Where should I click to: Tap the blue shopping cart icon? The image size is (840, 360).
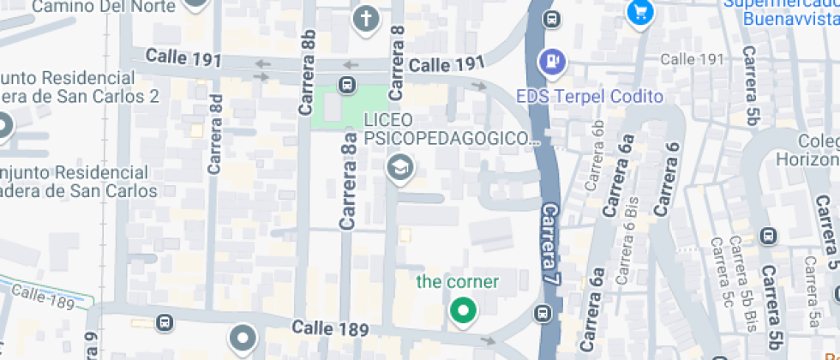tap(640, 12)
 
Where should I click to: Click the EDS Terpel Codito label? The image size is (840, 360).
tap(590, 96)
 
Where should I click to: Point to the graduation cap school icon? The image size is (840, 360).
tap(399, 166)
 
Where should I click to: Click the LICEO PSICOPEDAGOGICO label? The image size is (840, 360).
tap(449, 129)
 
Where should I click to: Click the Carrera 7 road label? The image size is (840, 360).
tap(551, 243)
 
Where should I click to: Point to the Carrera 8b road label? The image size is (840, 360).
tap(308, 72)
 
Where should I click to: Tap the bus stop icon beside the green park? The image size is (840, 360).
tap(346, 84)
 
